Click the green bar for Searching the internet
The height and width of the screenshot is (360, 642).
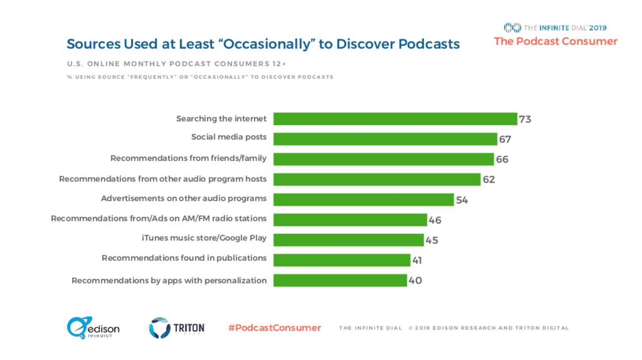point(395,119)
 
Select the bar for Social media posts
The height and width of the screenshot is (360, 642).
point(385,139)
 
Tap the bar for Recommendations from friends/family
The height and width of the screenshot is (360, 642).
point(383,159)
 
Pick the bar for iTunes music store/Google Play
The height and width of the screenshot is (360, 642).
point(348,240)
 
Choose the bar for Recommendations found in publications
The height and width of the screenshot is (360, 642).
point(342,260)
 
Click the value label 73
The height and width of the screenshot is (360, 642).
point(525,119)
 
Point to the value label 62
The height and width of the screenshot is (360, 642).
point(489,180)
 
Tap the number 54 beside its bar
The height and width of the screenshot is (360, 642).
point(462,200)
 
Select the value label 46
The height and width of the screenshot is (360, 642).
point(435,220)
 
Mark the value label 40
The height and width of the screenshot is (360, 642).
point(415,281)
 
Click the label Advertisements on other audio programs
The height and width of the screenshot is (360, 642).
point(184,199)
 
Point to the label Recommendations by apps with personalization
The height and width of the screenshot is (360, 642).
point(169,281)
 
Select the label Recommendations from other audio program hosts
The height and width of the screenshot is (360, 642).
point(163,179)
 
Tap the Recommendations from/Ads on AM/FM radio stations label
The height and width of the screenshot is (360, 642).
point(159,219)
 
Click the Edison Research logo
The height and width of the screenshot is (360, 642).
point(93,328)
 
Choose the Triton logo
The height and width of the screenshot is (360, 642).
point(177,328)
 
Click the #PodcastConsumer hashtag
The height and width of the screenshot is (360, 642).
point(274,328)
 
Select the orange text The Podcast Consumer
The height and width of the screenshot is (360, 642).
point(556,42)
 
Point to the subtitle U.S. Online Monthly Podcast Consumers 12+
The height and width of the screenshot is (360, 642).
point(176,64)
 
